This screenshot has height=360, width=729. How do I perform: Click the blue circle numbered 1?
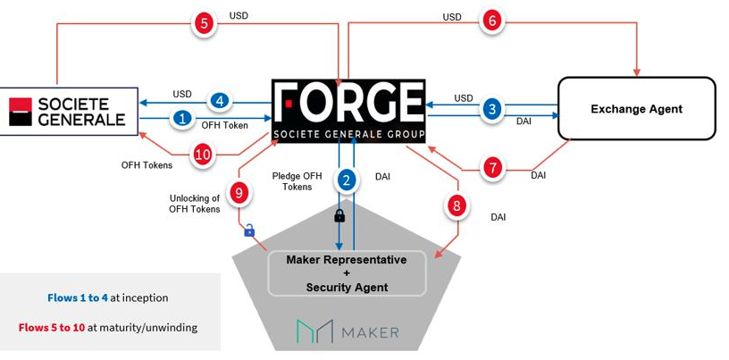(182, 117)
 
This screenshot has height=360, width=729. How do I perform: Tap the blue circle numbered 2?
(347, 180)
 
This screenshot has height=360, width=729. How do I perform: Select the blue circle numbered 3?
(490, 109)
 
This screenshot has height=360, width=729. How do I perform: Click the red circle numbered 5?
(204, 24)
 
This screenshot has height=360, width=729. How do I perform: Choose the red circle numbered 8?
(457, 205)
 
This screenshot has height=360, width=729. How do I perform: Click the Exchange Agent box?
(636, 109)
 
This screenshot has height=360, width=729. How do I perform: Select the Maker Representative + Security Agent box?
(346, 273)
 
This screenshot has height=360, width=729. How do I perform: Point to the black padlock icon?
(339, 215)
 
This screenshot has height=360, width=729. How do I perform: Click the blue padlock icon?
(249, 230)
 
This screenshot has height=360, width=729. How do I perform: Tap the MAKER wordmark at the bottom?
(348, 332)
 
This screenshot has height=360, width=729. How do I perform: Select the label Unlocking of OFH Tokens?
(194, 204)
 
